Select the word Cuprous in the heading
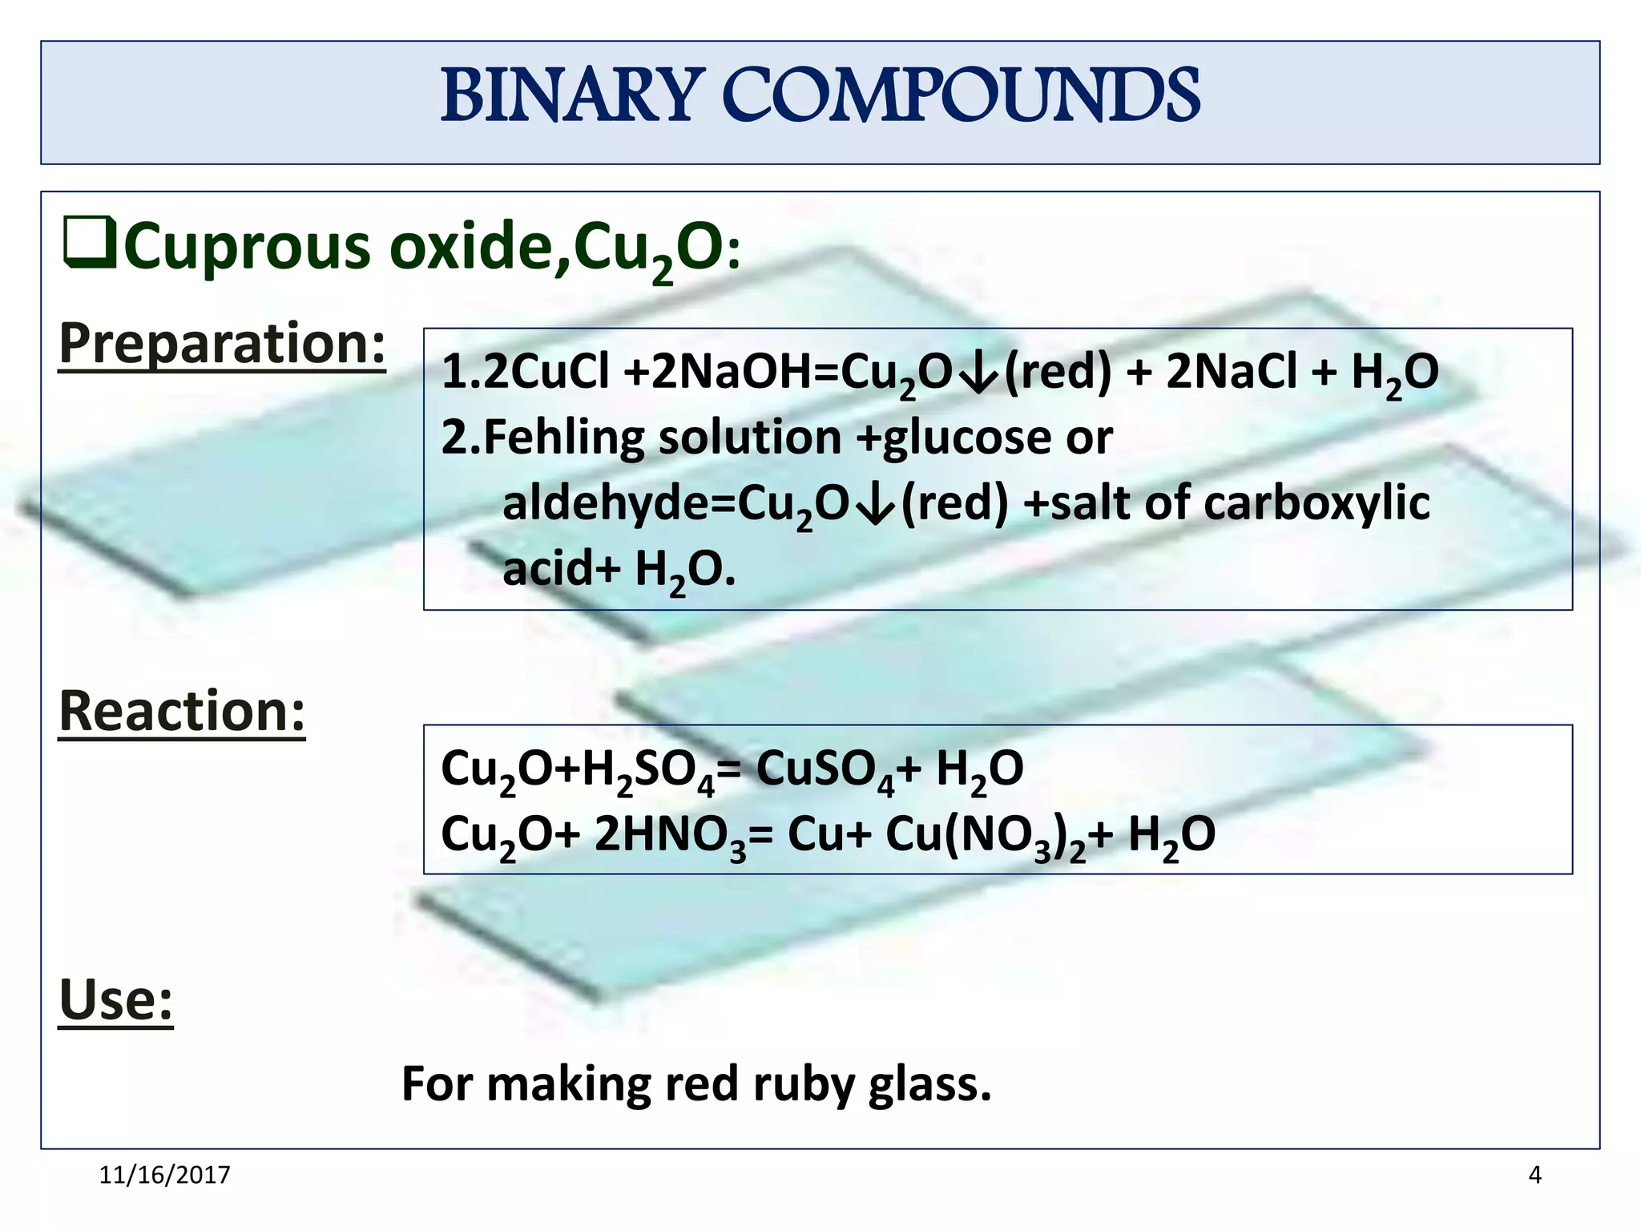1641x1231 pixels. point(248,247)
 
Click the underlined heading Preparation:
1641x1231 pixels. point(222,343)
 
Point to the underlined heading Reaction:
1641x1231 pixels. point(182,711)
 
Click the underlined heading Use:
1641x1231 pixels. point(115,999)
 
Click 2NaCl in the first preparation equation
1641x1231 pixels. point(1231,372)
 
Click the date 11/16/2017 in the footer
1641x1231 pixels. point(164,1175)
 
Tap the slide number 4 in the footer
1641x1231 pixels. point(1534,1175)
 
